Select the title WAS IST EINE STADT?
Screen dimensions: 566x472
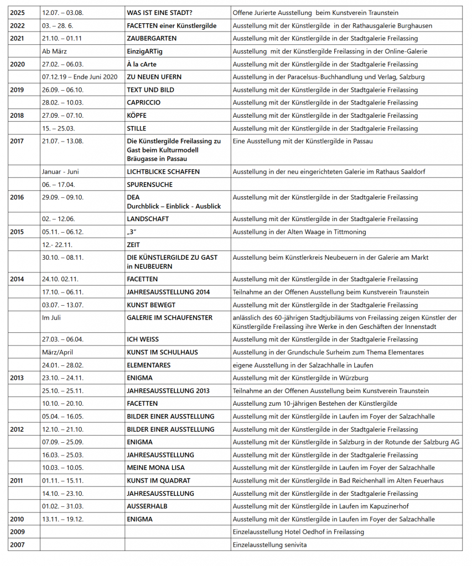160,13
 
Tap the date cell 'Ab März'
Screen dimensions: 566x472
54,51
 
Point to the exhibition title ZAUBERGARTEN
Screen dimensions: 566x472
152,39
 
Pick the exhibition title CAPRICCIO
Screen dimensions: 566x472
143,103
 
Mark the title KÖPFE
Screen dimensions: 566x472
137,116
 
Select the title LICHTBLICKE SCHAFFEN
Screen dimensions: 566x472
163,172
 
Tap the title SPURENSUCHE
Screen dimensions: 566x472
149,185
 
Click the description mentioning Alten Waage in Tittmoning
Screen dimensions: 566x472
299,232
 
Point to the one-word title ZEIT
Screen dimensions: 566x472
133,245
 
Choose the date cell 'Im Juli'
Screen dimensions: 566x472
54,318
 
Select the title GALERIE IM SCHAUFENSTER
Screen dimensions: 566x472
169,318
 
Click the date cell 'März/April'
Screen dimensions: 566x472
57,352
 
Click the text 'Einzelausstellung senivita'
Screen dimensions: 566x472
269,545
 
